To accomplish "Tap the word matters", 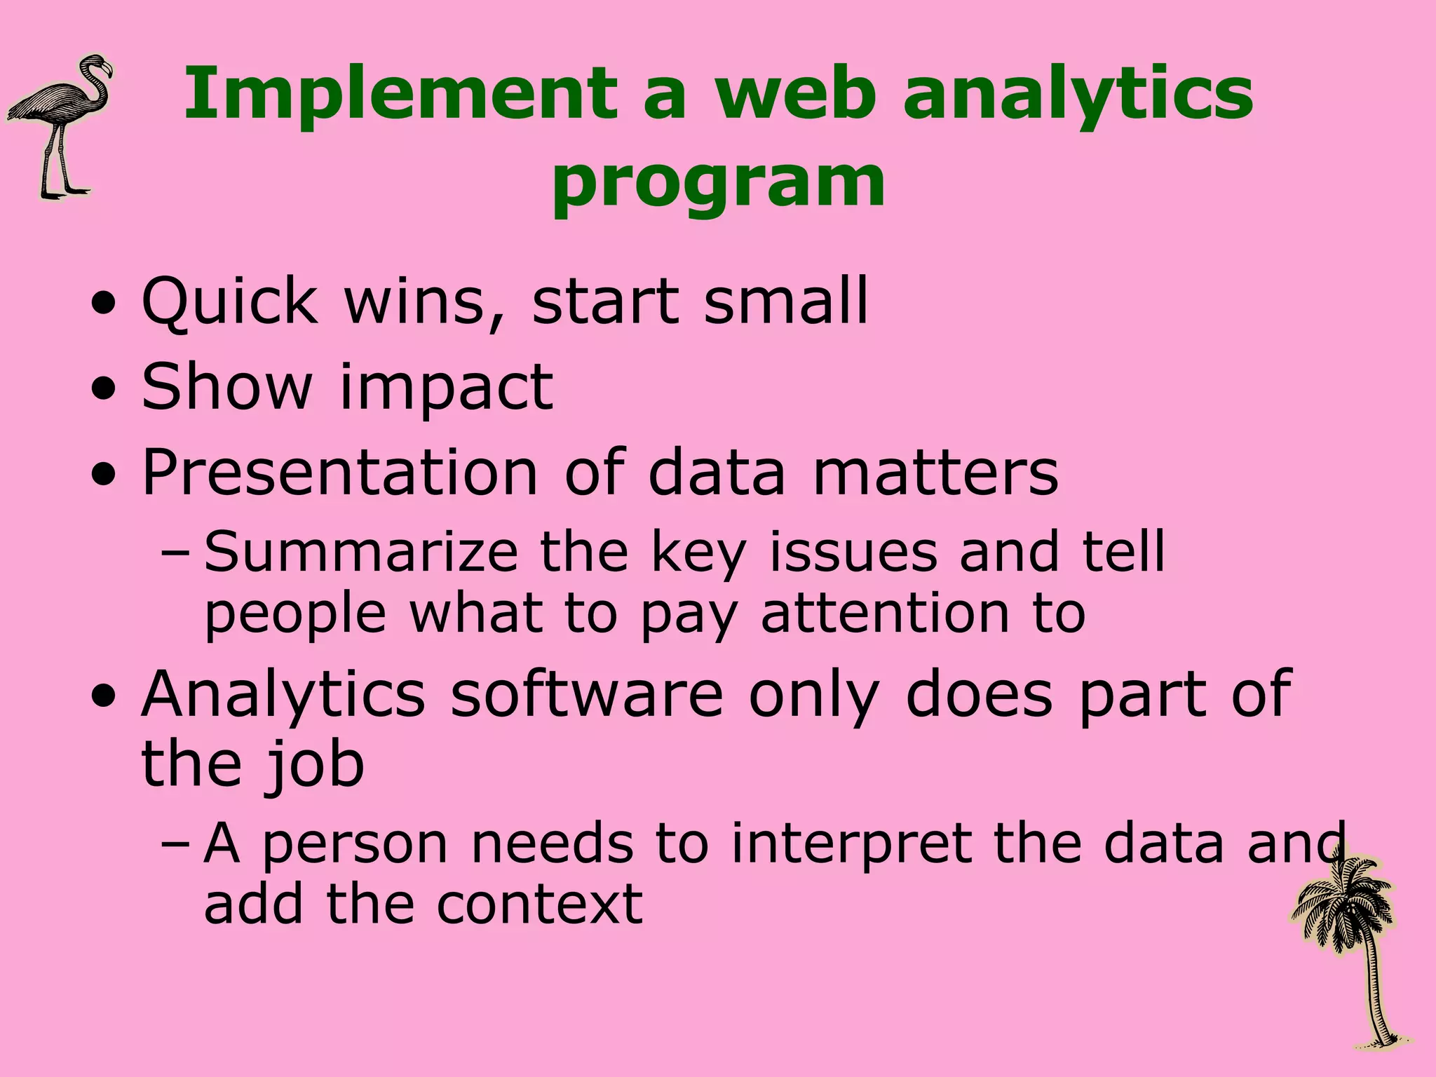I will [x=935, y=473].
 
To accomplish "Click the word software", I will [x=586, y=694].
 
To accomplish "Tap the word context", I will [x=539, y=905].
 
